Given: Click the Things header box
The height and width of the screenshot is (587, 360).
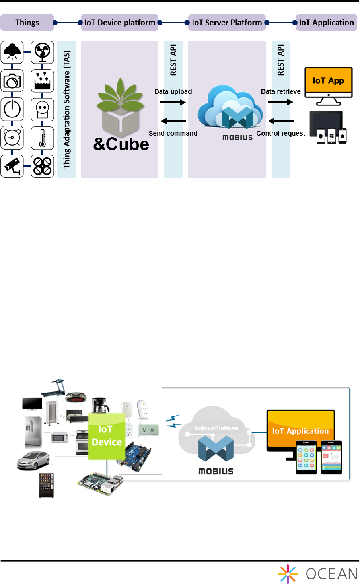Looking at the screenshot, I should click(27, 23).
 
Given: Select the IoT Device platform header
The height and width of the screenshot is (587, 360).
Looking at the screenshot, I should click(119, 23).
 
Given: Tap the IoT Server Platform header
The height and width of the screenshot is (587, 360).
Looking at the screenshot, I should click(227, 23).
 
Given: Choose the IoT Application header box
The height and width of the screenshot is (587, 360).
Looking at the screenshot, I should click(326, 23).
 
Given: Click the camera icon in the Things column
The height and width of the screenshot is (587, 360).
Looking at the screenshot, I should click(12, 81).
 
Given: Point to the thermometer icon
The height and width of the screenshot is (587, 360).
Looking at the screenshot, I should click(42, 138).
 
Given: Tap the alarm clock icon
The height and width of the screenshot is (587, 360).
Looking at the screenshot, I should click(12, 138).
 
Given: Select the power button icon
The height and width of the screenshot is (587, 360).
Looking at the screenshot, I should click(12, 109).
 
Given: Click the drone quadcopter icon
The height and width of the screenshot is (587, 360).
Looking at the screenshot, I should click(42, 166).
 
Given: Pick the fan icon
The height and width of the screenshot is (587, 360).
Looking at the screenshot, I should click(42, 52).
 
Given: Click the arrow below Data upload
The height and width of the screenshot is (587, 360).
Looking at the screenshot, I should click(173, 102).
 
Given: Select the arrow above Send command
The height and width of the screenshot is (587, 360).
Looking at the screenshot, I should click(173, 121).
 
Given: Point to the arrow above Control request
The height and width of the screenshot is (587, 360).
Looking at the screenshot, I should click(281, 121).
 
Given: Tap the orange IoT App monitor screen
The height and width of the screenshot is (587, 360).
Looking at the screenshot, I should click(328, 81).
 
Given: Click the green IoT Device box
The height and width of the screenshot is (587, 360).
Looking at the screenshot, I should click(106, 436).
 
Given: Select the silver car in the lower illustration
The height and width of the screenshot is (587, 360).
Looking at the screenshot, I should click(33, 461).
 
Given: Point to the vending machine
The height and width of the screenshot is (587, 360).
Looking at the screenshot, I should click(46, 485).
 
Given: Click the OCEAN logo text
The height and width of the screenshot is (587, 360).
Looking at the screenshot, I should click(331, 574).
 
